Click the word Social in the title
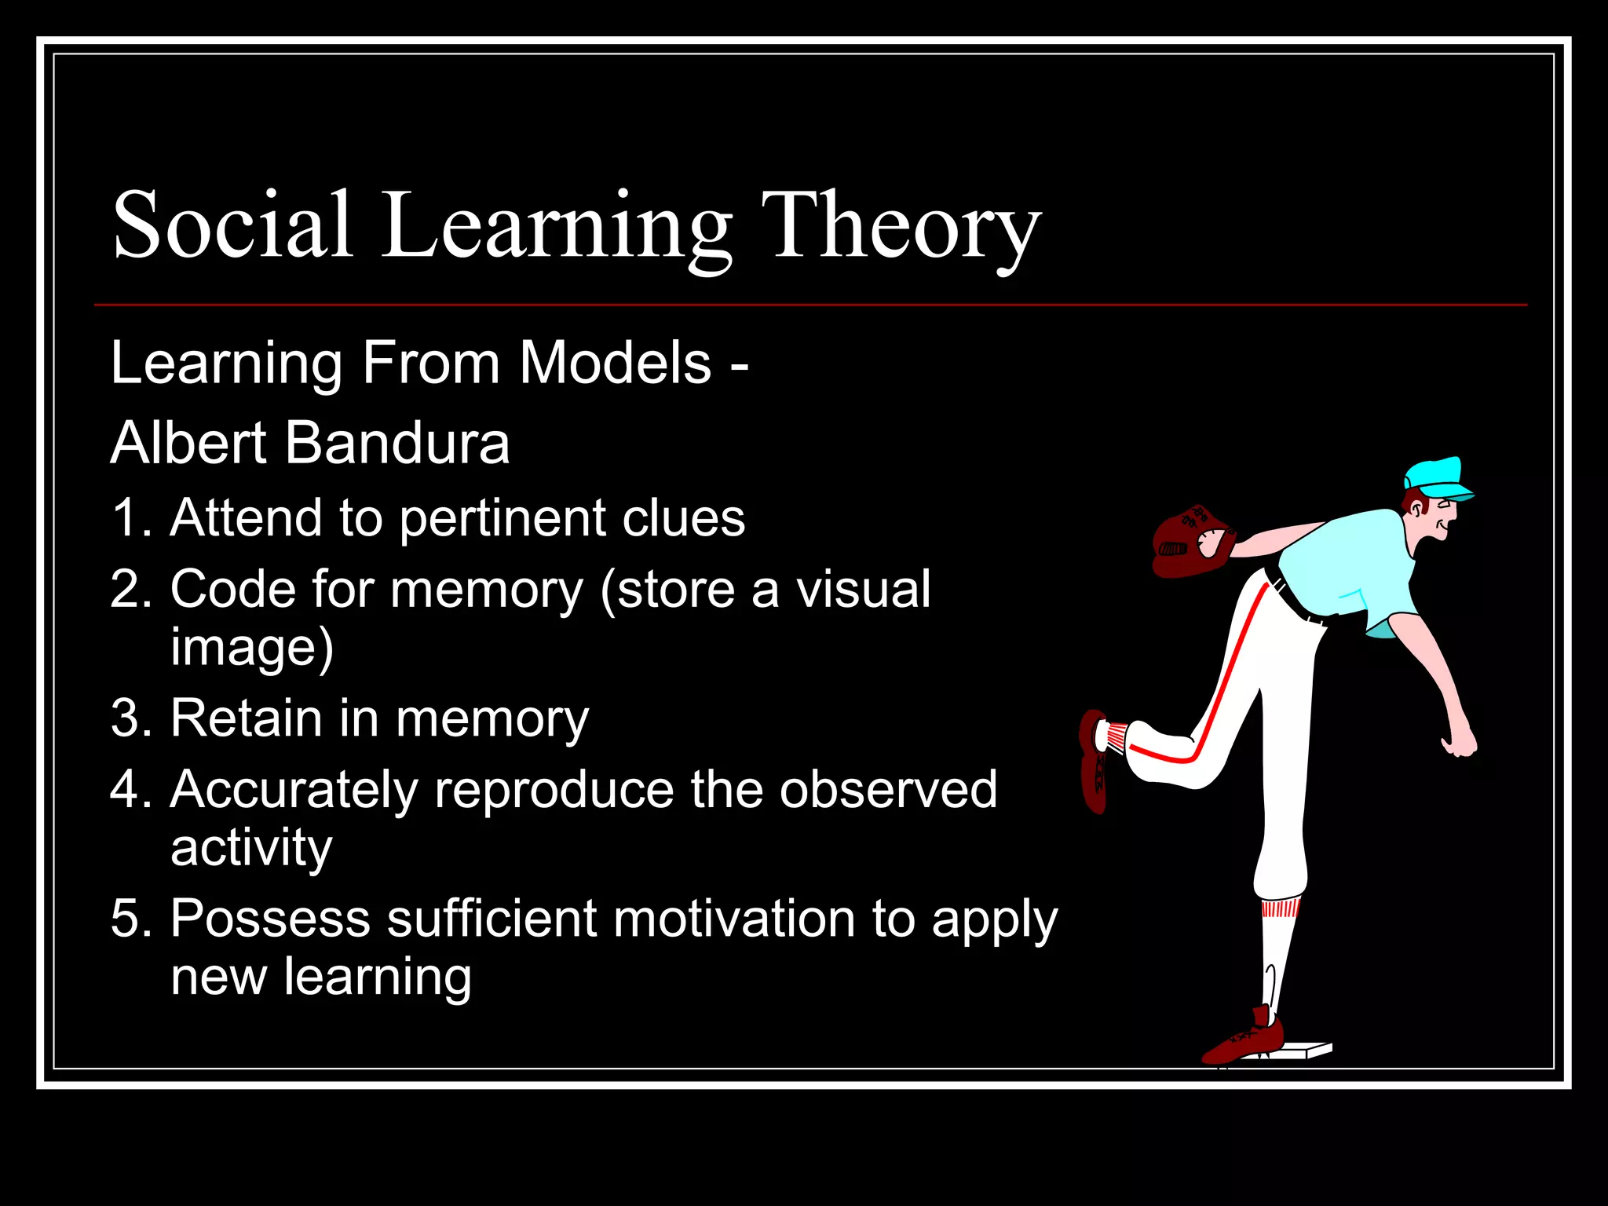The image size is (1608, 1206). (232, 226)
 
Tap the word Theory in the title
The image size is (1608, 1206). (901, 228)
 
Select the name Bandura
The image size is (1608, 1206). (397, 444)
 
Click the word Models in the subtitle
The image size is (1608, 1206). (616, 364)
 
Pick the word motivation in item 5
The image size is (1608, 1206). (734, 919)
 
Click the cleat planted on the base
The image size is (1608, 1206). (1244, 1040)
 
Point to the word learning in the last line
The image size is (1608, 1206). (378, 977)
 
